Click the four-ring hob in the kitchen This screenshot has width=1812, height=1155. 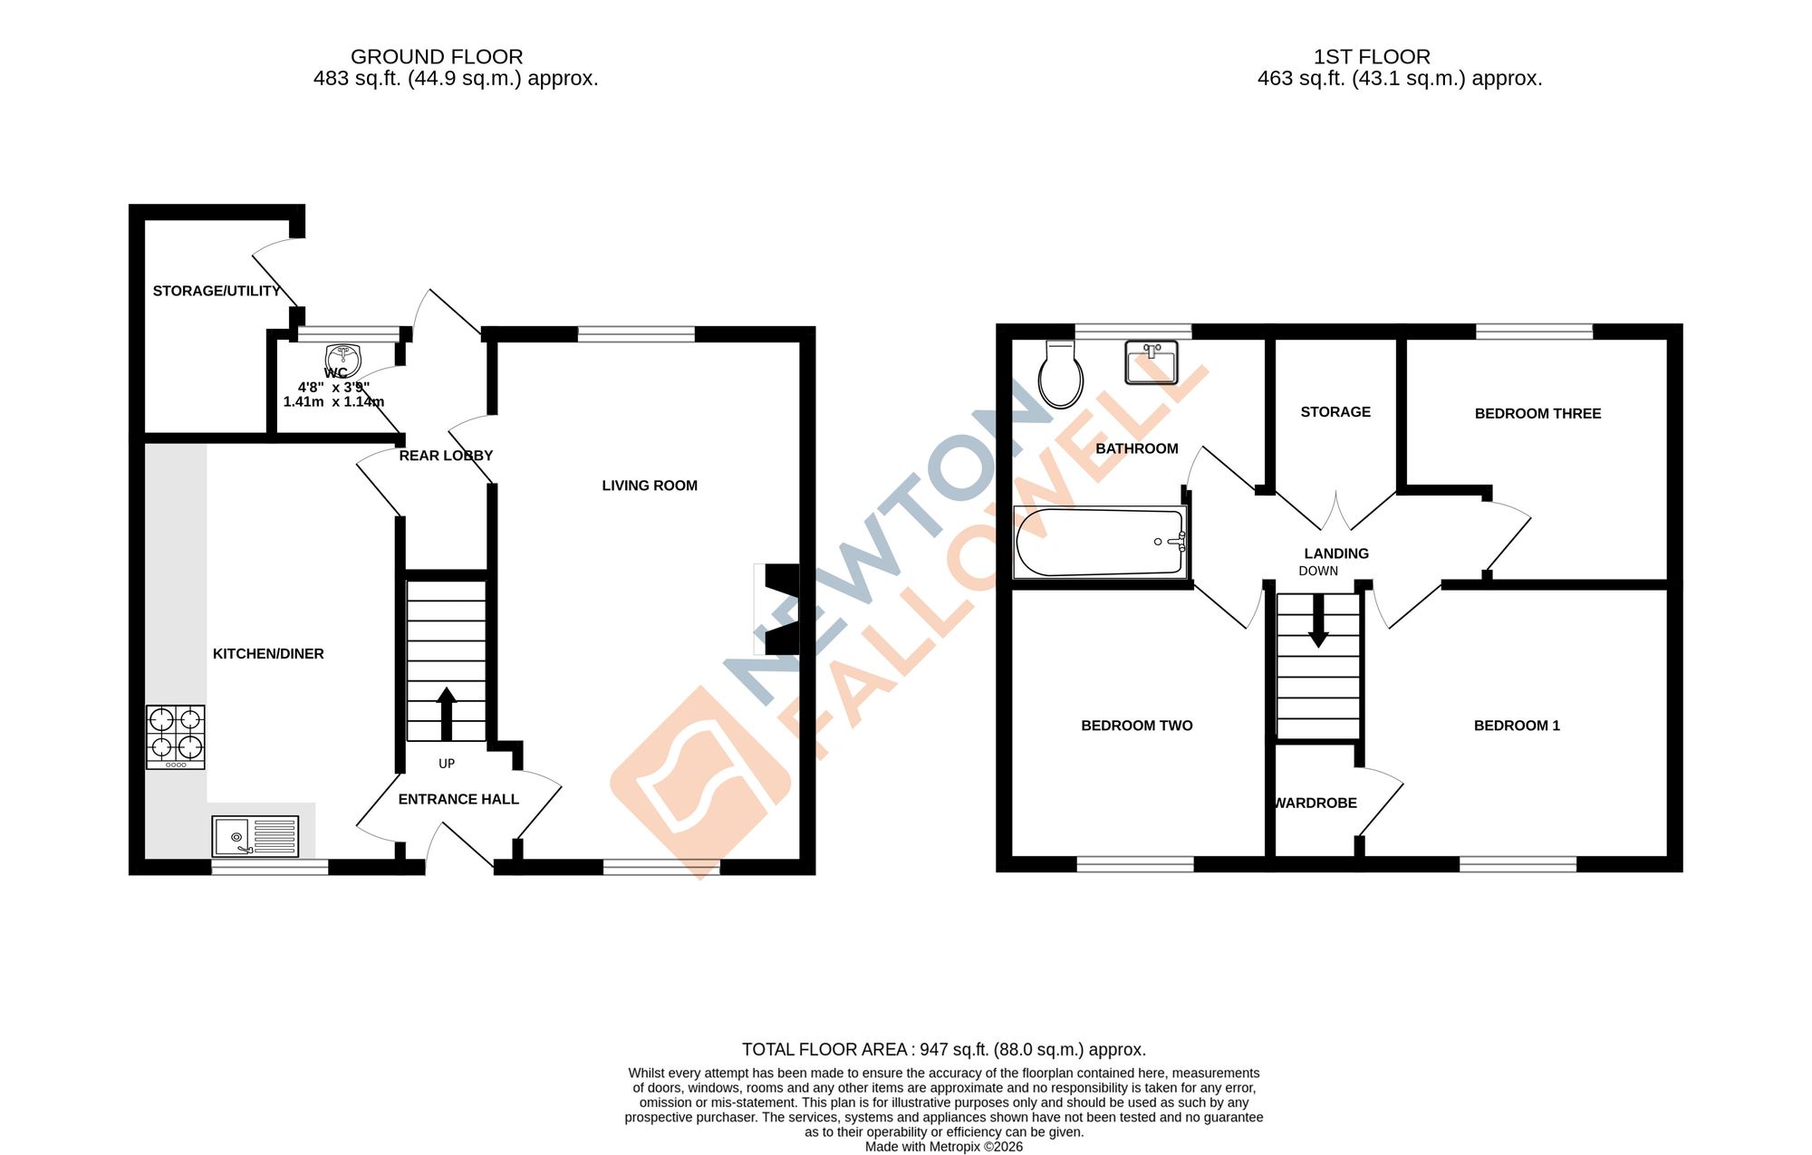point(175,736)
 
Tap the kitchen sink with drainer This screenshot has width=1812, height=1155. point(255,835)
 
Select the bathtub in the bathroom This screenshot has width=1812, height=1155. point(1100,542)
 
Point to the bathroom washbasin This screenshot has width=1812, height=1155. point(1151,362)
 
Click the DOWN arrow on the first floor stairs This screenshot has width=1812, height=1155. point(1318,621)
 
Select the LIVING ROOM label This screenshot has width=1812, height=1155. point(650,486)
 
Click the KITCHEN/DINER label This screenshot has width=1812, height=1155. point(268,654)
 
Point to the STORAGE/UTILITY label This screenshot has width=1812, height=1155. point(217,291)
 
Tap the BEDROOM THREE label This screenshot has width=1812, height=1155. point(1537,414)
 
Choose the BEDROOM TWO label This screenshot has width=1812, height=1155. point(1136,726)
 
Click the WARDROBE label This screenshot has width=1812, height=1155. point(1316,804)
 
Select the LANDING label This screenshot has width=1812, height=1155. point(1336,553)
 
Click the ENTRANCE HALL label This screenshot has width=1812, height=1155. point(458,799)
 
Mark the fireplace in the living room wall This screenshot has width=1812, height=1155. point(779,609)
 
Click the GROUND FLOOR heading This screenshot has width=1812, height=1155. point(437,57)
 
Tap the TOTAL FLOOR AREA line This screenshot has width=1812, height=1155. point(943,1050)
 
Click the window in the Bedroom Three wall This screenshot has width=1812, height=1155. point(1534,332)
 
